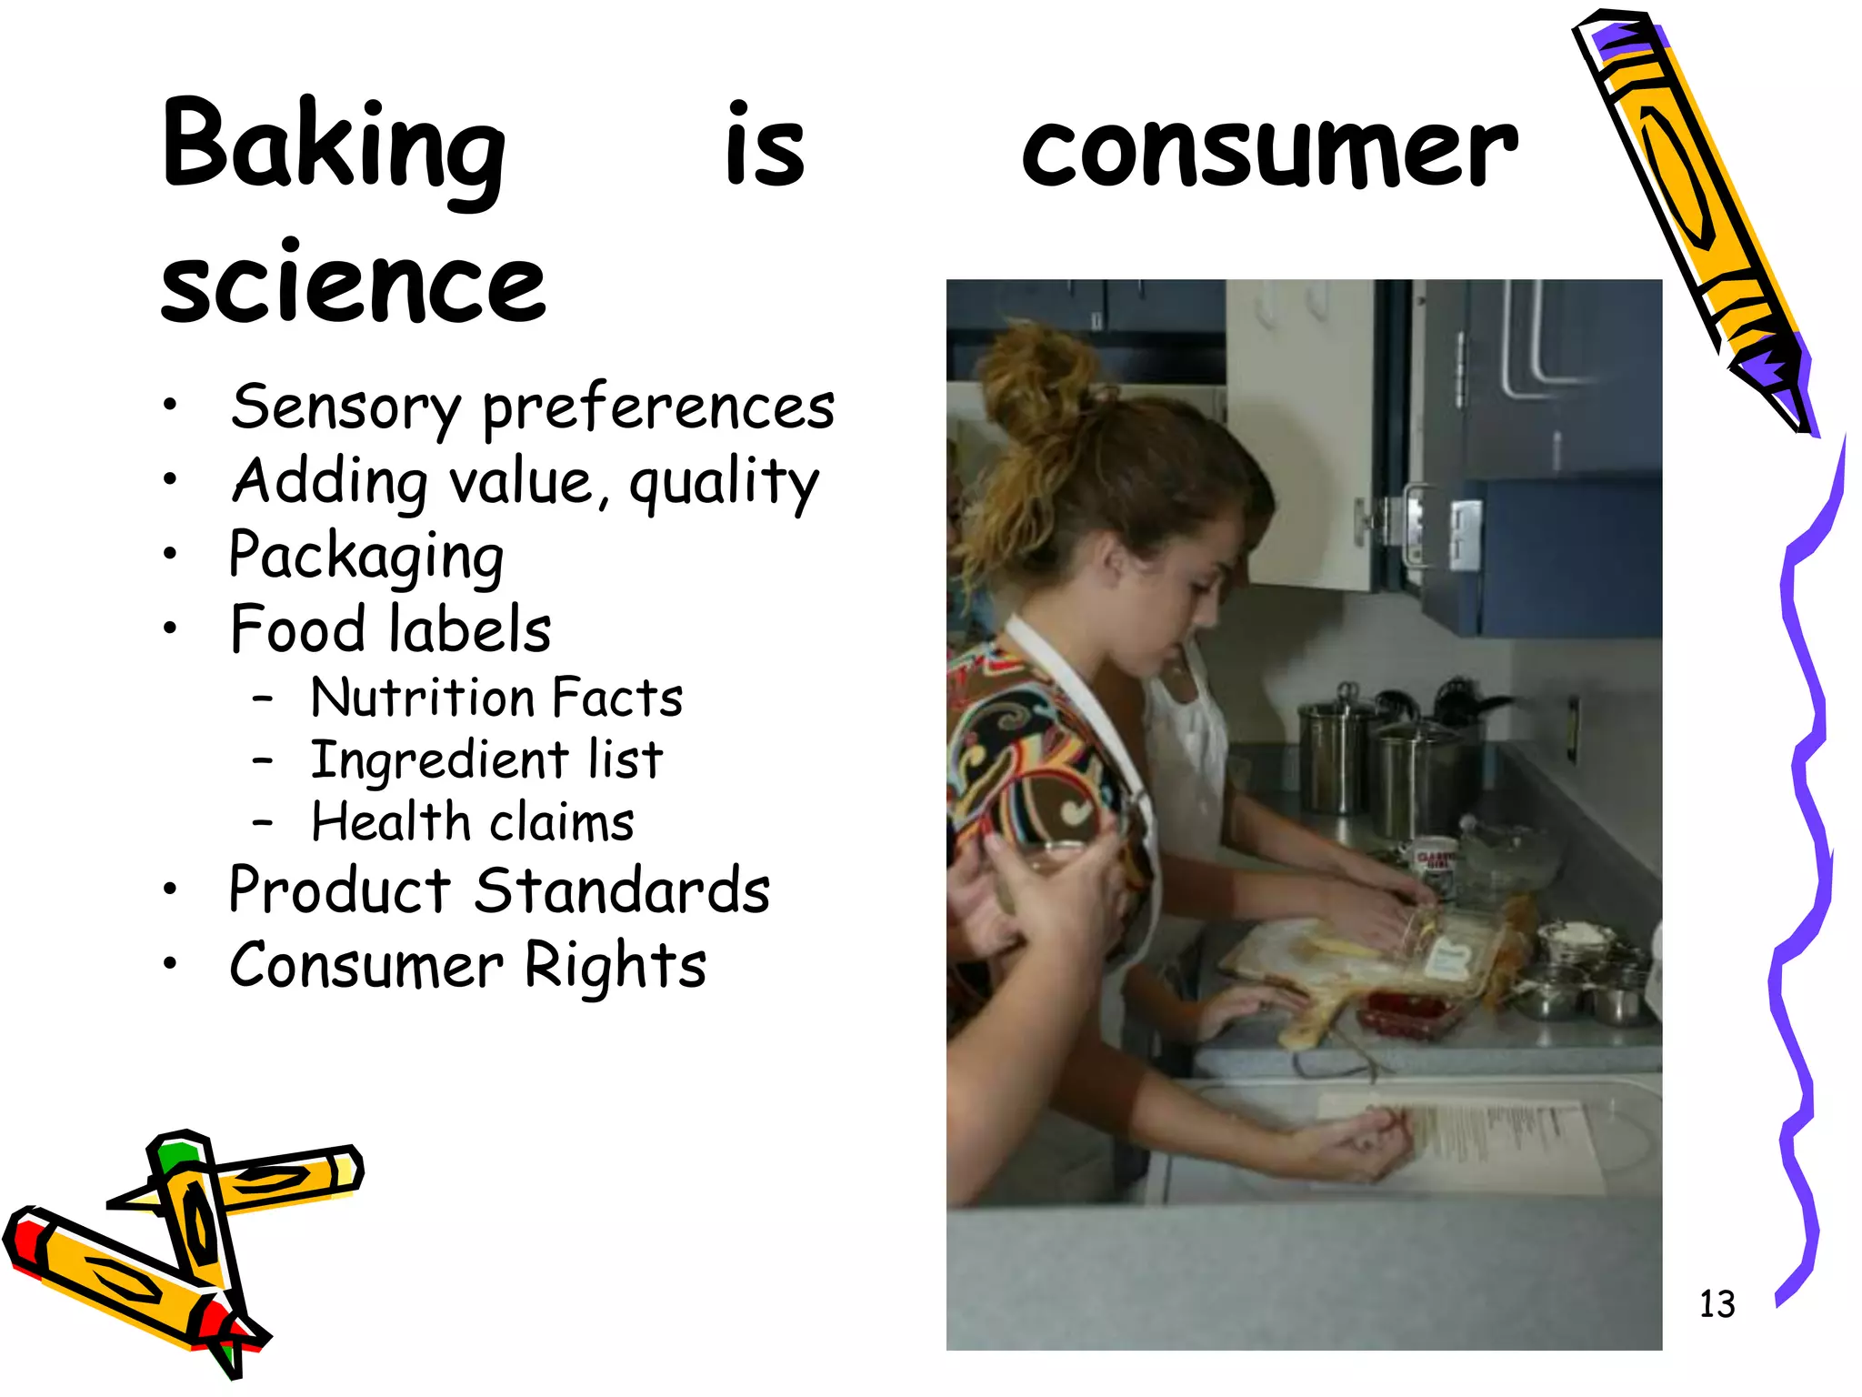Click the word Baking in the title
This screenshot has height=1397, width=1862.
pyautogui.click(x=333, y=150)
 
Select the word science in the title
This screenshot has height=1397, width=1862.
pyautogui.click(x=353, y=284)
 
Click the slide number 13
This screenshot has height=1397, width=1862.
pyautogui.click(x=1717, y=1303)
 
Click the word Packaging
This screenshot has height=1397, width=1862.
pyautogui.click(x=365, y=556)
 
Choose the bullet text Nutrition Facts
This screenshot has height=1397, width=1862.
pyautogui.click(x=496, y=698)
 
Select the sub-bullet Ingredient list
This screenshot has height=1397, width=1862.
pyautogui.click(x=486, y=760)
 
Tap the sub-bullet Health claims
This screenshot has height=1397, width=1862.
pyautogui.click(x=472, y=822)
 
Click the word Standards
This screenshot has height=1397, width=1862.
pyautogui.click(x=622, y=890)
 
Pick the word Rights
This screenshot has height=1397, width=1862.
pyautogui.click(x=616, y=966)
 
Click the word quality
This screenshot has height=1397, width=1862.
pyautogui.click(x=724, y=482)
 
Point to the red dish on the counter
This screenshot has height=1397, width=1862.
pyautogui.click(x=1400, y=1012)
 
